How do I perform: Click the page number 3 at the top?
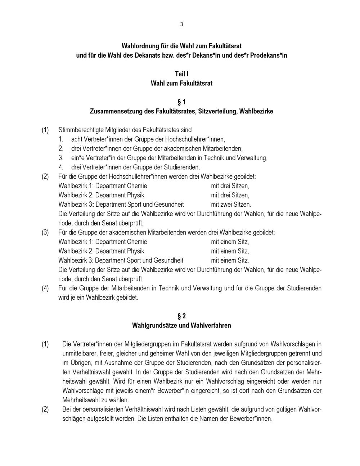coord(181,24)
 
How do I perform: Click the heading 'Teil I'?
coord(181,74)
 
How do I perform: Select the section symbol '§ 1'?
coord(181,102)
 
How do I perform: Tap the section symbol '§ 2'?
coord(181,316)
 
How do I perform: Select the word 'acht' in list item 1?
coord(76,139)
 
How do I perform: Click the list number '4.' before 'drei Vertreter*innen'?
coord(61,167)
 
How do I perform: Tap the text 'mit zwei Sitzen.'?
coord(231,205)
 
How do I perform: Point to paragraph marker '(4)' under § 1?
coord(45,288)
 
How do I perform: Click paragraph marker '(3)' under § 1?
coord(45,232)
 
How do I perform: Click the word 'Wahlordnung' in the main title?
coord(140,46)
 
